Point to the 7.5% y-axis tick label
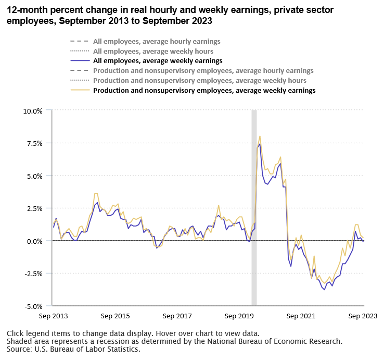(34, 143)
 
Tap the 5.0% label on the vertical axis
(34, 176)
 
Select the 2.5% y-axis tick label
(34, 208)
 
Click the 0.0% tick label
(34, 241)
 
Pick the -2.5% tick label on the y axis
(33, 274)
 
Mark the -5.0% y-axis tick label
(33, 306)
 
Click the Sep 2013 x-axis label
(53, 316)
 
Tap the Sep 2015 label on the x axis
(115, 316)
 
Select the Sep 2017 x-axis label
(177, 316)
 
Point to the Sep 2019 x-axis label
(239, 316)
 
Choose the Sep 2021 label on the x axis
(301, 316)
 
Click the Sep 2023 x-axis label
(363, 316)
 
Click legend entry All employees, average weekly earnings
(150, 61)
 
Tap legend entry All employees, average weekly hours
(153, 51)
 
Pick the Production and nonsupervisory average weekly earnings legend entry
(204, 90)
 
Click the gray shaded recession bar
(254, 208)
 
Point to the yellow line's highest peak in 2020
(260, 136)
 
